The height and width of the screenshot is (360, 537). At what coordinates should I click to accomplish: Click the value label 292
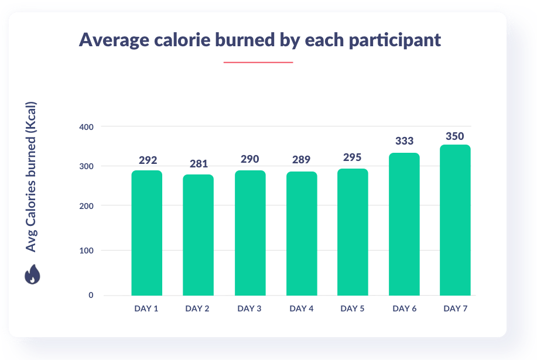pos(148,160)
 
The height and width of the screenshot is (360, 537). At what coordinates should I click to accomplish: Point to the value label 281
pos(199,164)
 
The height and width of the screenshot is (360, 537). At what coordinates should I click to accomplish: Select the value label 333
pos(404,141)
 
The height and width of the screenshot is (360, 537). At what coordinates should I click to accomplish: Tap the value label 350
pos(454,136)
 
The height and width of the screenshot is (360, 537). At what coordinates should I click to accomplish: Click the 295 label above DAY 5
pos(353,157)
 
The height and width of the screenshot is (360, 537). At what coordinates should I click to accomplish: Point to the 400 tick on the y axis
pos(86,126)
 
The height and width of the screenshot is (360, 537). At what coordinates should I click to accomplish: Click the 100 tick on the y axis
pos(86,251)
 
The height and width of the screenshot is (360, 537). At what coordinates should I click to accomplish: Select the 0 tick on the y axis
pos(91,295)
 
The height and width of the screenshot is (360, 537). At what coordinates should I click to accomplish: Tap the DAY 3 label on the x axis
pos(249,308)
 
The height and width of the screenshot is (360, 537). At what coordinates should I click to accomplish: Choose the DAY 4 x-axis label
pos(301,308)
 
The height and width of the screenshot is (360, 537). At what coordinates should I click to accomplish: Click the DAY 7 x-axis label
pos(455,308)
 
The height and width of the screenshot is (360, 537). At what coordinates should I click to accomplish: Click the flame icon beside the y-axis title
pos(31,275)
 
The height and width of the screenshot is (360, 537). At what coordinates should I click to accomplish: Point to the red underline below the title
pos(258,61)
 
